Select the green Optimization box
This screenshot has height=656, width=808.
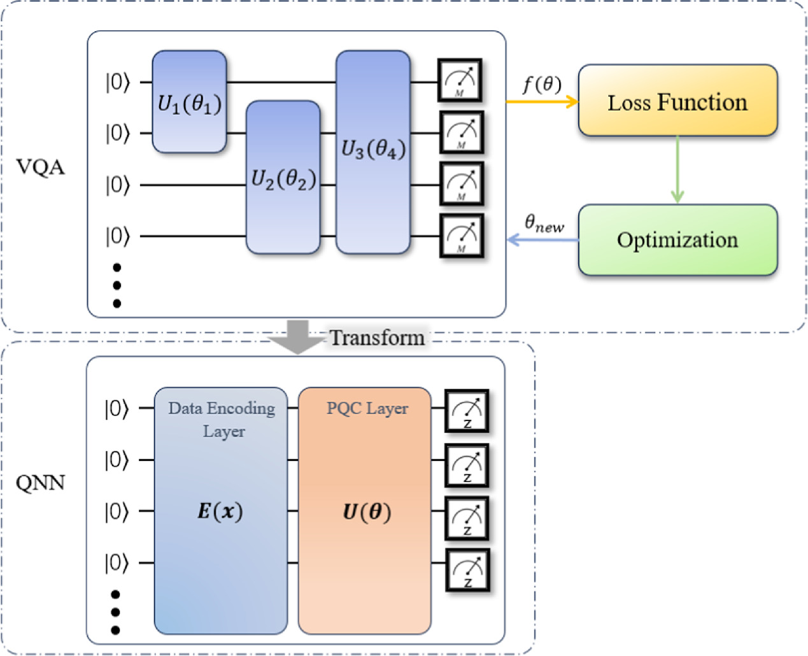click(x=677, y=239)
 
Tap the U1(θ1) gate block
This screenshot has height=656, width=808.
click(x=189, y=102)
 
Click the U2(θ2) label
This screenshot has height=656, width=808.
click(x=283, y=180)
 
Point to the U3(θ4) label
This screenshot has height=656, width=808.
click(x=373, y=149)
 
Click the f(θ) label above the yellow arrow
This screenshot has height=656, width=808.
click(x=542, y=84)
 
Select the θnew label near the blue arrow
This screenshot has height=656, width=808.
click(x=544, y=224)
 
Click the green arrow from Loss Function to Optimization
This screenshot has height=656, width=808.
click(x=677, y=169)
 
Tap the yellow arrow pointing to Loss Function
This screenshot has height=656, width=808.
click(x=542, y=101)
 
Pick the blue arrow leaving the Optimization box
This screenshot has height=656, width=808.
click(x=542, y=240)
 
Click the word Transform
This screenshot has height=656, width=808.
click(x=377, y=338)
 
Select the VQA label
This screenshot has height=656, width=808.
click(x=41, y=168)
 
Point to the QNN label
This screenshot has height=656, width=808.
click(x=41, y=483)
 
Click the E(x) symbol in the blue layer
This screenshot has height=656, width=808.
click(x=220, y=511)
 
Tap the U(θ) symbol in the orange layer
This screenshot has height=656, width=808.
click(x=367, y=512)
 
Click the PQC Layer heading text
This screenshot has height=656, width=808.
click(x=367, y=408)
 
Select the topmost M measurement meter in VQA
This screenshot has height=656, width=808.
click(x=460, y=80)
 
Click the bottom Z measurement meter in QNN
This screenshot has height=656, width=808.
click(x=467, y=570)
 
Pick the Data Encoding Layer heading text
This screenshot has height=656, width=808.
click(x=222, y=419)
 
